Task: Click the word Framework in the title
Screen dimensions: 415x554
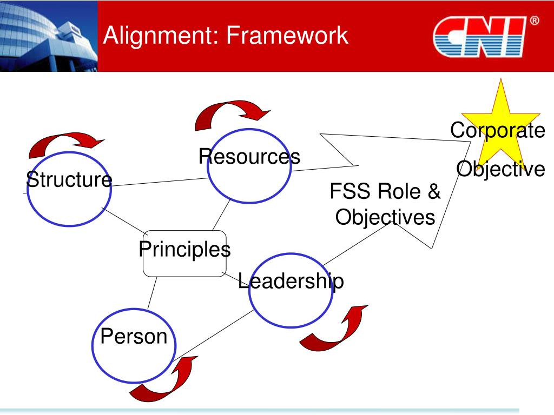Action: tap(287, 36)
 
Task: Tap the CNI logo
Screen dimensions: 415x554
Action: tap(480, 37)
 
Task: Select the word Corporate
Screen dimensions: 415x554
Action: tap(498, 130)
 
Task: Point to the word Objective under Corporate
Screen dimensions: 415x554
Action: tap(500, 169)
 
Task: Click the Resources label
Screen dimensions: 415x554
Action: tap(249, 157)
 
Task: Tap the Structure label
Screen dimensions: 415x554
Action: tap(69, 179)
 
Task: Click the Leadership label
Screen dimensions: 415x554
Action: tap(291, 281)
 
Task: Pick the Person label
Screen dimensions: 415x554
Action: tap(134, 336)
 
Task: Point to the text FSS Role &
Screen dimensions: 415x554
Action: tap(385, 191)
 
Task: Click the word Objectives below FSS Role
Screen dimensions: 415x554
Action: tap(385, 217)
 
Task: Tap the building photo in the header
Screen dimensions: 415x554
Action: tap(49, 36)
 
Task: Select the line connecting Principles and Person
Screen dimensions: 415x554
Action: tap(151, 293)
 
